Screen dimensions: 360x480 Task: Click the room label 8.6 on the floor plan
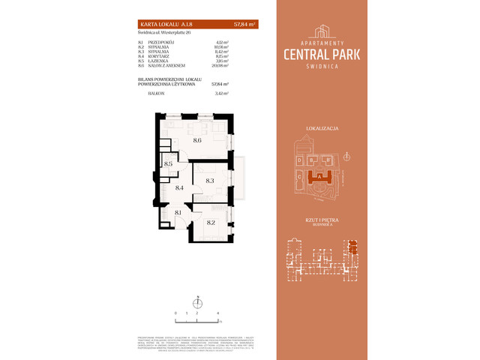197,140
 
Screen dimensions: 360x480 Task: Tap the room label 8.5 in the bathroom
169,163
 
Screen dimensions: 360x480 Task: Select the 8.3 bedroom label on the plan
210,181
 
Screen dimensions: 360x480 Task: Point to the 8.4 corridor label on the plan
179,188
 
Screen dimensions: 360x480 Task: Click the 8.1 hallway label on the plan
178,213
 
